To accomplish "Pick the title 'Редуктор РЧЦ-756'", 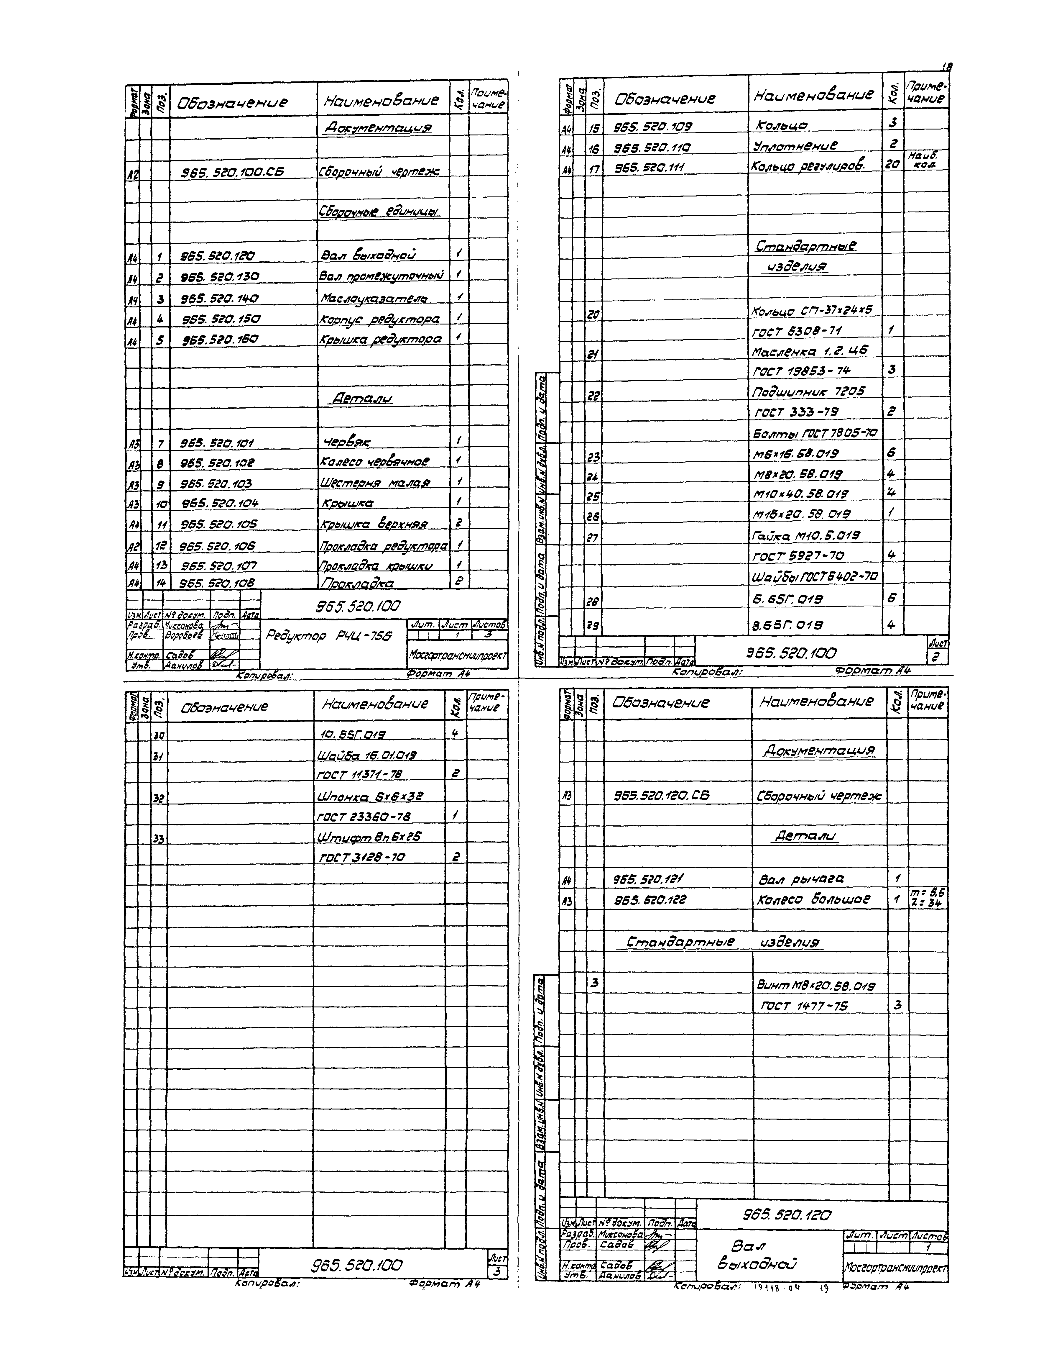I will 328,636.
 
